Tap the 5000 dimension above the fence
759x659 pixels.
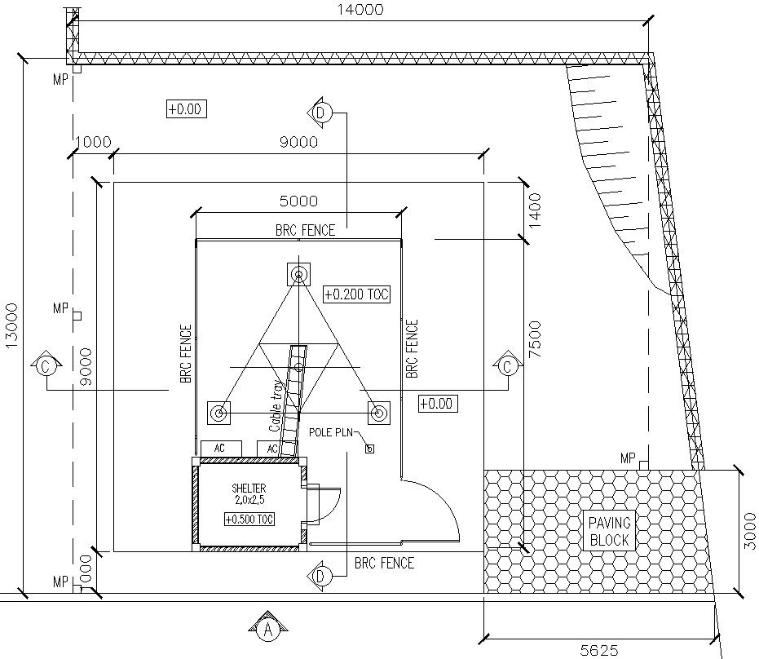click(x=298, y=201)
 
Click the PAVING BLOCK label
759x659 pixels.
click(x=609, y=530)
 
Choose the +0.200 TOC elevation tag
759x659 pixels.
click(x=356, y=294)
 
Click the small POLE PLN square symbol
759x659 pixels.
click(x=368, y=448)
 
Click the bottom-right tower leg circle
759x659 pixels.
click(x=377, y=414)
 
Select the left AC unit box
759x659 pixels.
click(x=220, y=449)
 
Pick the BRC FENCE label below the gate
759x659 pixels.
click(x=384, y=563)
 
